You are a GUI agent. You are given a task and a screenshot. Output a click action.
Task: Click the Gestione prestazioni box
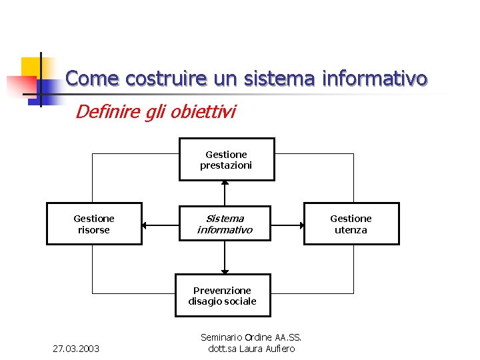(226, 159)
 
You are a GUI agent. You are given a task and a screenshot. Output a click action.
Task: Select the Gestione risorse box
(94, 224)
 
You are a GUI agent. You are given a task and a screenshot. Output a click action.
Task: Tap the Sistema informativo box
(225, 224)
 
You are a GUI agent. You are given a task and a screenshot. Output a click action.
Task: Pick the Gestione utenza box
(351, 224)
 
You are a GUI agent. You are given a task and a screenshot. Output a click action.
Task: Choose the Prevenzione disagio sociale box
(223, 295)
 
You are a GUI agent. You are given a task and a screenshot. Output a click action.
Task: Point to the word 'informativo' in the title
(374, 79)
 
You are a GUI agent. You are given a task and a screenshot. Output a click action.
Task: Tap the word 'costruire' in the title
(167, 79)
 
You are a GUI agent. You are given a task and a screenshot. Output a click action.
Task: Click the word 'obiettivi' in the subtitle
(203, 111)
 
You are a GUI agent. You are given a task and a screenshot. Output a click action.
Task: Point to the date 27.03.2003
(76, 349)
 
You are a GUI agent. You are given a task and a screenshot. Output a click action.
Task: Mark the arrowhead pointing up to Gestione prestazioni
(225, 184)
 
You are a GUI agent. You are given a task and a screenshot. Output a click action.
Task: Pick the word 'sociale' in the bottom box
(241, 301)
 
